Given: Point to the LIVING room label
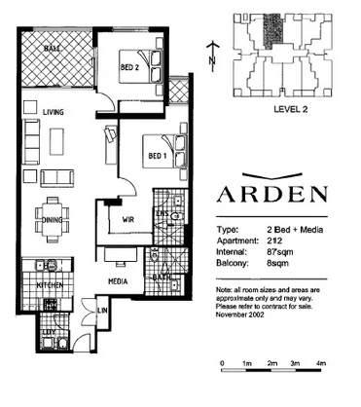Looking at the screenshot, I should click(53, 113).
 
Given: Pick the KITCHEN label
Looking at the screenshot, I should click(51, 285).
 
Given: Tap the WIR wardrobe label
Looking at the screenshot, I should click(127, 220).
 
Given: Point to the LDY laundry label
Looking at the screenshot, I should click(44, 331).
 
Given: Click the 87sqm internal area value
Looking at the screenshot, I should click(280, 251).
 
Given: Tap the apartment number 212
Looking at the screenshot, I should click(276, 240).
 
